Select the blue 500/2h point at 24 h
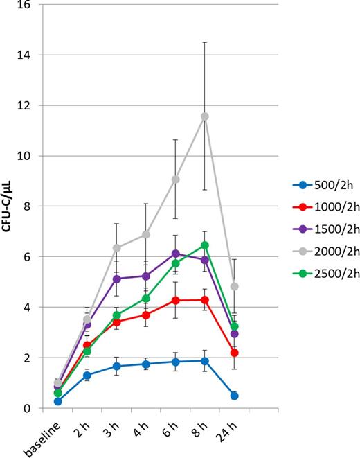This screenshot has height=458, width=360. [234, 396]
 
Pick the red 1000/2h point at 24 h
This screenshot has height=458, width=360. [234, 353]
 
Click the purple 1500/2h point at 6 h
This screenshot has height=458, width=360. [175, 254]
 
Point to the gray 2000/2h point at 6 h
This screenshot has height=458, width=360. [175, 179]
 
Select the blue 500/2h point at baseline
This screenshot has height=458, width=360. [57, 401]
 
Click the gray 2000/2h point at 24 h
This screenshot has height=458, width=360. [234, 286]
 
